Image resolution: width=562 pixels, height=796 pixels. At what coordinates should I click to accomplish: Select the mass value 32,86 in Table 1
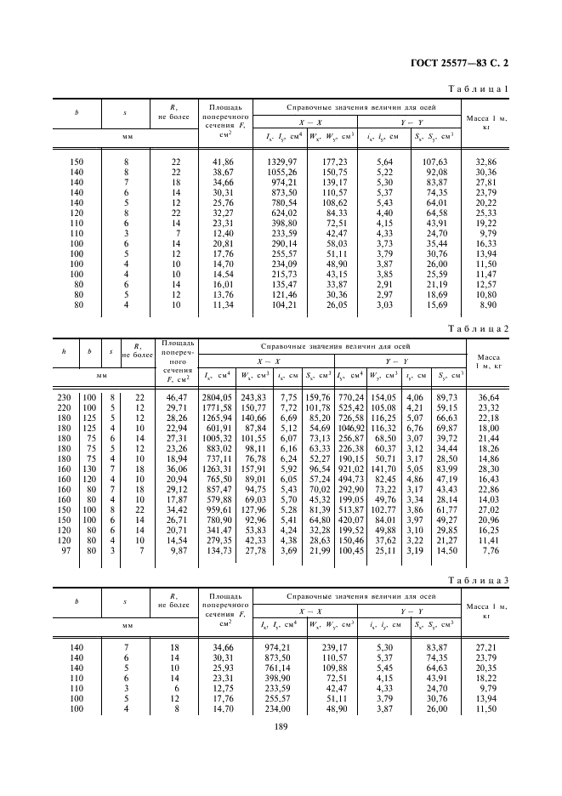486,162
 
